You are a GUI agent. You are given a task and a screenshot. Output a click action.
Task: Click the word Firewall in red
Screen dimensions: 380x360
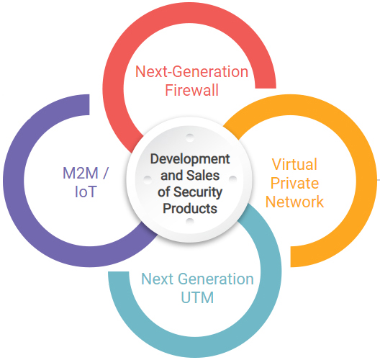tap(191, 90)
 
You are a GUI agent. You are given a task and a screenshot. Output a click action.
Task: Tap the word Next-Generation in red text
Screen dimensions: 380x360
tap(191, 71)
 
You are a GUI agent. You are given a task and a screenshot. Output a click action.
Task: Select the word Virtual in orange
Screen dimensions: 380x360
tap(294, 164)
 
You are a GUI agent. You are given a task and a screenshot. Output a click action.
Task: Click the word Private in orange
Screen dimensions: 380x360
tap(294, 183)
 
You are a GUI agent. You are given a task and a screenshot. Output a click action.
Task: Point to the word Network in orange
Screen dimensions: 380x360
tap(294, 202)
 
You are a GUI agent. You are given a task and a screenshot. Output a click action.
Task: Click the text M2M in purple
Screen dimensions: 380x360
tap(81, 173)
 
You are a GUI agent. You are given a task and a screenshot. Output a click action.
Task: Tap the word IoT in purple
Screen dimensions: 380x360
tap(86, 192)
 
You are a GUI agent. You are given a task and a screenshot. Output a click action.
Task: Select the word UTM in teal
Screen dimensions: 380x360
tap(197, 297)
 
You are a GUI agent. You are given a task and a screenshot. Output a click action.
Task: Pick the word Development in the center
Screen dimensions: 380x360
tap(190, 159)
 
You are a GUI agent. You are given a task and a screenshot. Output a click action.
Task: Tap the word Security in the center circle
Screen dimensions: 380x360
tap(198, 192)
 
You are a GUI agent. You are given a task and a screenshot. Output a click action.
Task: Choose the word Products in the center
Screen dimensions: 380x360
tap(190, 208)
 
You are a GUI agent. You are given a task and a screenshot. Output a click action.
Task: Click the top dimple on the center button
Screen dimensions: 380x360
tap(190, 138)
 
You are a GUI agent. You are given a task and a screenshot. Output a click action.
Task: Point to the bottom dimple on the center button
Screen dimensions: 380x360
tap(190, 222)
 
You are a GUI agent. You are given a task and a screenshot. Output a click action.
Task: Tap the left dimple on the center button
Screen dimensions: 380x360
tap(148, 179)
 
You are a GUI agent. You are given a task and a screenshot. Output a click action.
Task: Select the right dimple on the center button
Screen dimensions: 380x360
tap(232, 179)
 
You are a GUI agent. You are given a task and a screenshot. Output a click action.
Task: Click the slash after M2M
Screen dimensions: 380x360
tap(105, 173)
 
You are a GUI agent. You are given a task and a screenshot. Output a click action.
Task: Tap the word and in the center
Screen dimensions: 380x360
tap(172, 175)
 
